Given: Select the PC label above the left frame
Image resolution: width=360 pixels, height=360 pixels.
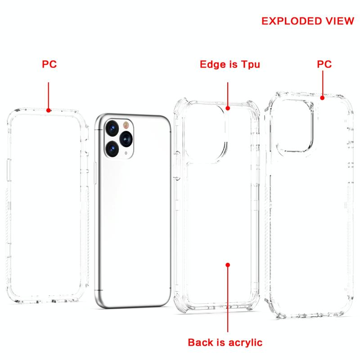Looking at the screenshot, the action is (x=49, y=64).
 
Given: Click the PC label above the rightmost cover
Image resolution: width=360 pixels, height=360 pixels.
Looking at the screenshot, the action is (x=324, y=64).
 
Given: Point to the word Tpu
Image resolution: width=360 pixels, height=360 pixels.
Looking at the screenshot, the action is (x=250, y=64).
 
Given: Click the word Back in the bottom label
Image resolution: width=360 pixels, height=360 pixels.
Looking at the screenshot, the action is (x=200, y=342).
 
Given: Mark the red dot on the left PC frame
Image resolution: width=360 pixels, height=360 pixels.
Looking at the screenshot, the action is (x=49, y=110).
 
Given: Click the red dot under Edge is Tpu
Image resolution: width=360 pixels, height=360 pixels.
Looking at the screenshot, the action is (x=228, y=108).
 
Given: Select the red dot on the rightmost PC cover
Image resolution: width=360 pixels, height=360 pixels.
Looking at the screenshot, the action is (x=322, y=98).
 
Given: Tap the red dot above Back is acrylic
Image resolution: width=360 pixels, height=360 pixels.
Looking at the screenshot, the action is (x=228, y=265).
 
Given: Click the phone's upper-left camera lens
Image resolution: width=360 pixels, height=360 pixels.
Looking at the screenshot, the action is (x=112, y=128).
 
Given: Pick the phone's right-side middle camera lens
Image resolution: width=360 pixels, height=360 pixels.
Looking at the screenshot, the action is (x=126, y=139).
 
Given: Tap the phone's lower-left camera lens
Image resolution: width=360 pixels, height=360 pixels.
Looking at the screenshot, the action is (x=112, y=149).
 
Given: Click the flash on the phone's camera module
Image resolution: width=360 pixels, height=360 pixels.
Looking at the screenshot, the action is (x=126, y=125).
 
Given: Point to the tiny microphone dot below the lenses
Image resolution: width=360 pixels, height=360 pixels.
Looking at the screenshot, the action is (x=126, y=153).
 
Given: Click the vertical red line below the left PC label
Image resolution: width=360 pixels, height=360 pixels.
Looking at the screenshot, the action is (x=49, y=95).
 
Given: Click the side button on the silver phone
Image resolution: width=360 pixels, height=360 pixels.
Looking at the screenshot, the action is (x=95, y=173).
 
